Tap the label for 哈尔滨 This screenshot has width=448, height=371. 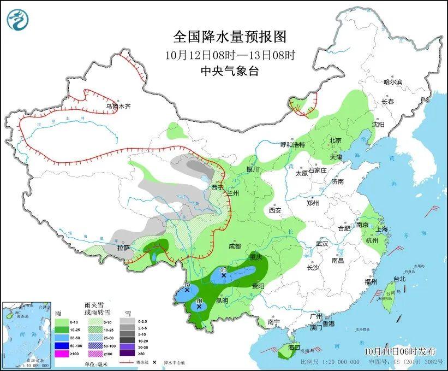coord(392,82)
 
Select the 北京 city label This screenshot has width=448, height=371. coord(335,140)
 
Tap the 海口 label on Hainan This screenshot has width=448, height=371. coord(294,348)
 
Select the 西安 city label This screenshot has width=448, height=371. coord(275,210)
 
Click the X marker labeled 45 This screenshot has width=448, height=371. coord(223,275)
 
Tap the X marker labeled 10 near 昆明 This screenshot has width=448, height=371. coord(199,307)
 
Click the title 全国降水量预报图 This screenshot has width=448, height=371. coord(230,37)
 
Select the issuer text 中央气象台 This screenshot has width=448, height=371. coord(230,70)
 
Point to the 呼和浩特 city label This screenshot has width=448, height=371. coord(292,145)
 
